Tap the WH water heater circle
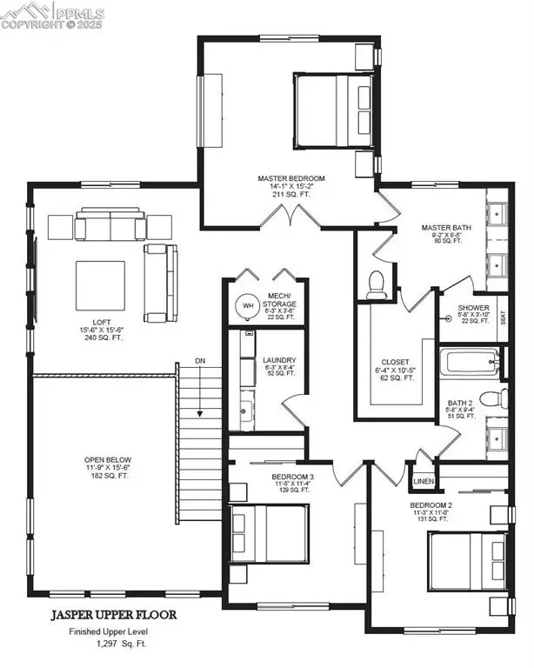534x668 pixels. pos(248,305)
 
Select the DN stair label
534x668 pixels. pos(199,360)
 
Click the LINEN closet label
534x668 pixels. pos(422,480)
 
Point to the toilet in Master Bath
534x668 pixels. pos(377,285)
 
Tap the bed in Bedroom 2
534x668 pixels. pos(464,561)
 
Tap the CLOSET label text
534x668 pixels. pos(395,363)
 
